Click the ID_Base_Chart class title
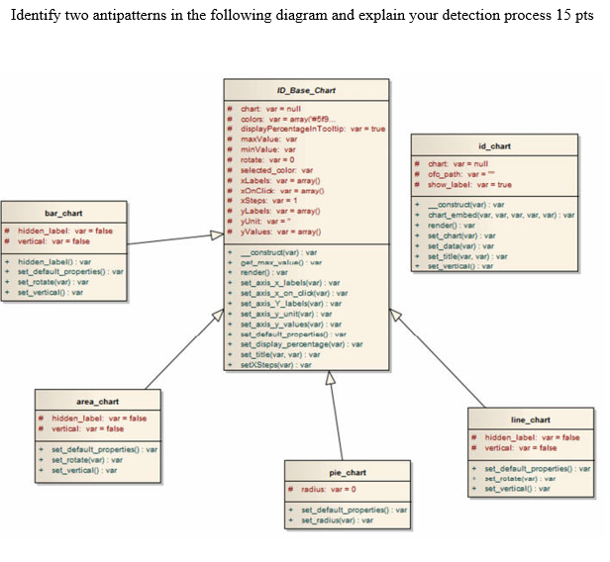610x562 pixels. click(305, 90)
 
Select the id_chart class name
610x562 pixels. click(494, 145)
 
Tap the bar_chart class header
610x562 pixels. click(64, 213)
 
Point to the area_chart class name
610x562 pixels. click(97, 401)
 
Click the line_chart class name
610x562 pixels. click(530, 420)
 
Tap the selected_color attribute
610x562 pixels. click(273, 169)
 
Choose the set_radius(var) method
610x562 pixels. click(338, 519)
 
